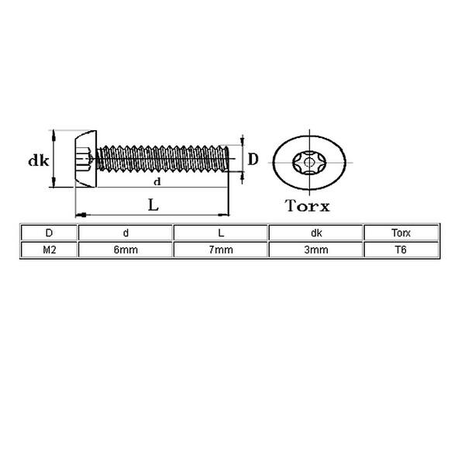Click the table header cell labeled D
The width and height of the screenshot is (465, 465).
[49, 232]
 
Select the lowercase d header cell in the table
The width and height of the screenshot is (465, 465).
[126, 232]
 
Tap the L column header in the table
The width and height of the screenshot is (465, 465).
[221, 232]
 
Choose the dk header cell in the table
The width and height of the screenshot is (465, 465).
[316, 232]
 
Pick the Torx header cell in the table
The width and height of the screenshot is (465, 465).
[401, 232]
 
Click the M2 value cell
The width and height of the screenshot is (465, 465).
[49, 250]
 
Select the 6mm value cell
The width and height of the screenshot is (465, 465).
[126, 250]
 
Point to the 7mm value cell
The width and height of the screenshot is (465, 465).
[221, 250]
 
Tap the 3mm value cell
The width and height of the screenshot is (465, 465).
[316, 250]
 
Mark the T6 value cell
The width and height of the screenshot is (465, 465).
[401, 250]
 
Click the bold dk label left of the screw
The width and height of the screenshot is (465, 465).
[38, 161]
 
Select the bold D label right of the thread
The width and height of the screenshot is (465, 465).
[253, 160]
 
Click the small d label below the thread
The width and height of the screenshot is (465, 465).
[157, 181]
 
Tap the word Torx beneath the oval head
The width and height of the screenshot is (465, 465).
[308, 205]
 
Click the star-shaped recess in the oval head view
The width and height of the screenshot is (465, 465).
[309, 162]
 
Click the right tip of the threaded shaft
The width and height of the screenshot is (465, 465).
[229, 160]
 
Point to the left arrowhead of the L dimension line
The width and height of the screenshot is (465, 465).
[78, 214]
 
